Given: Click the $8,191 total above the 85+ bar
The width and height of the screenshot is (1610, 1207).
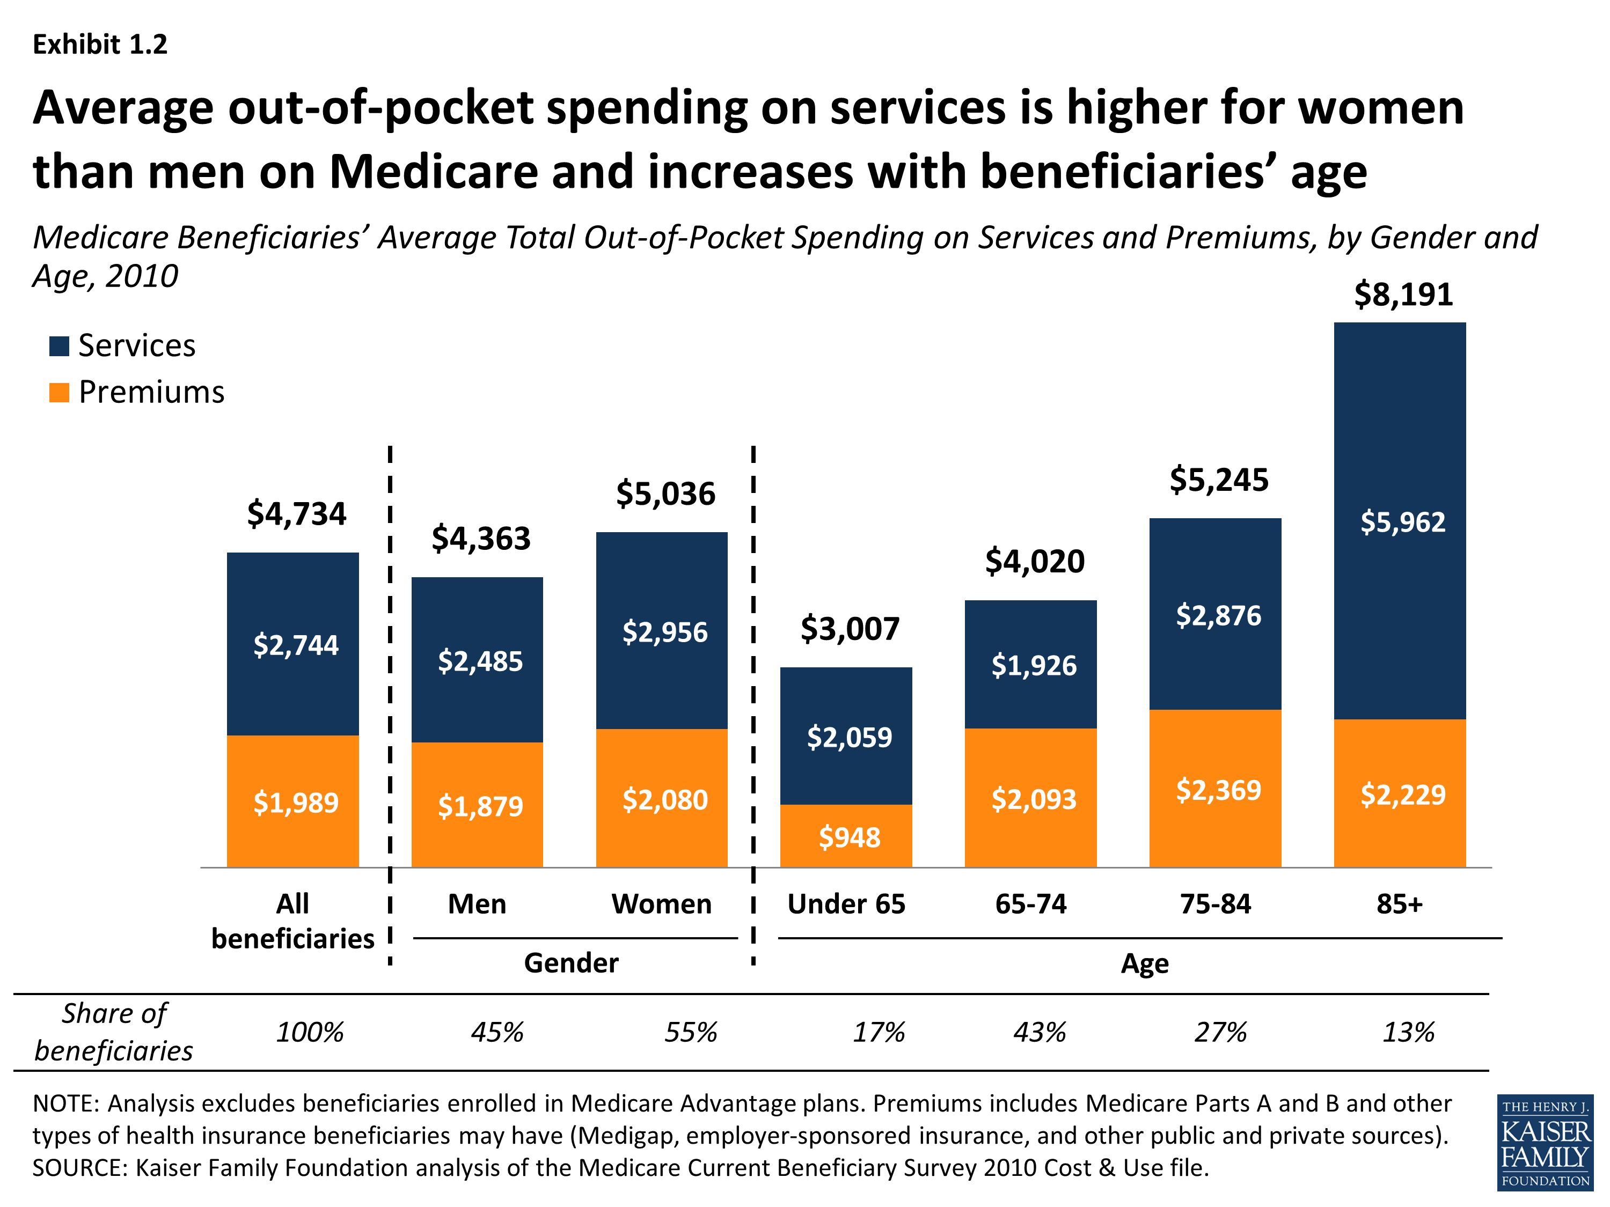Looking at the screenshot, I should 1402,295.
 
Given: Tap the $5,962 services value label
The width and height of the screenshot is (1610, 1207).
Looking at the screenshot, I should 1402,522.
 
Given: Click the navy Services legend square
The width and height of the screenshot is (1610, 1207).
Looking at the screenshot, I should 59,347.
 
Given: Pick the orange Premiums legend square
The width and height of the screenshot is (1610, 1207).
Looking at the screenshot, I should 59,393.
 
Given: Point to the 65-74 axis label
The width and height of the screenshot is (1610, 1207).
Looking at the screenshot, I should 1030,904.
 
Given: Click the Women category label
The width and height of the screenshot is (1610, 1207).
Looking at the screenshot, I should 661,904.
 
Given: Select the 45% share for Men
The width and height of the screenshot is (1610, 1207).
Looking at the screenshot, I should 497,1033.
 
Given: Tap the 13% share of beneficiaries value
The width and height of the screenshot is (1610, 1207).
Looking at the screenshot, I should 1408,1033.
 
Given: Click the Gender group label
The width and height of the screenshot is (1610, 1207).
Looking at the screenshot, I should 572,963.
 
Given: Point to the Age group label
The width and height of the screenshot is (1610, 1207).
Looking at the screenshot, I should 1144,964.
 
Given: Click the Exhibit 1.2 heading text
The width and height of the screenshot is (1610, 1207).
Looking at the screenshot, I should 100,45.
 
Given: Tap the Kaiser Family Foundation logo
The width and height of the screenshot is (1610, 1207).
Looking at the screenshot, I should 1545,1142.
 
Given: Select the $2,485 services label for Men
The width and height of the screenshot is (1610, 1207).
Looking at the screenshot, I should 480,661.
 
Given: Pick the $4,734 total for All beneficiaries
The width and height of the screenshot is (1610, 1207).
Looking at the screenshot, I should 296,514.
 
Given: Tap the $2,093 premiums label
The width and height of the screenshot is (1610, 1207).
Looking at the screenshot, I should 1034,800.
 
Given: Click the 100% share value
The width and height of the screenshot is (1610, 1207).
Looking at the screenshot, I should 309,1033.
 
